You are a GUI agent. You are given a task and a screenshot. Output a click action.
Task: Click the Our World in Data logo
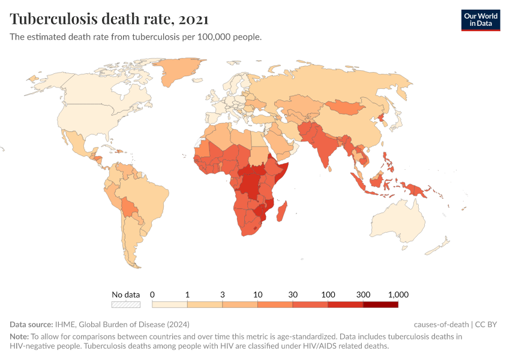(x=480, y=19)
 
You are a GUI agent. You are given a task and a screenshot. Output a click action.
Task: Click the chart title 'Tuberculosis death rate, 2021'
(x=109, y=19)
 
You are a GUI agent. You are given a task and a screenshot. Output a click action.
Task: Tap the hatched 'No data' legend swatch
(x=126, y=305)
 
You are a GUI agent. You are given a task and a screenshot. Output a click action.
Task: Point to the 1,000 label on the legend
(x=398, y=295)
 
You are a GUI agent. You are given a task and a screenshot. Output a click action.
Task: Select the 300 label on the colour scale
(x=363, y=295)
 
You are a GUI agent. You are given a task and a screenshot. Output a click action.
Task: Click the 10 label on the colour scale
(x=257, y=295)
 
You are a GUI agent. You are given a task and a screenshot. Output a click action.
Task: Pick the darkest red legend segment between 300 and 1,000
(x=380, y=305)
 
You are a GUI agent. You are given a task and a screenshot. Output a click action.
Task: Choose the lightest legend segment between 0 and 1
(x=170, y=305)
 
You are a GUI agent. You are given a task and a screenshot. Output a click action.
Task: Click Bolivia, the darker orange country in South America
(x=128, y=208)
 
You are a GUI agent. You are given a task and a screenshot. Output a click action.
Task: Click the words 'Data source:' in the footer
(x=31, y=325)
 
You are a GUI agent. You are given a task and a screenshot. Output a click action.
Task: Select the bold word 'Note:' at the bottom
(x=19, y=337)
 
